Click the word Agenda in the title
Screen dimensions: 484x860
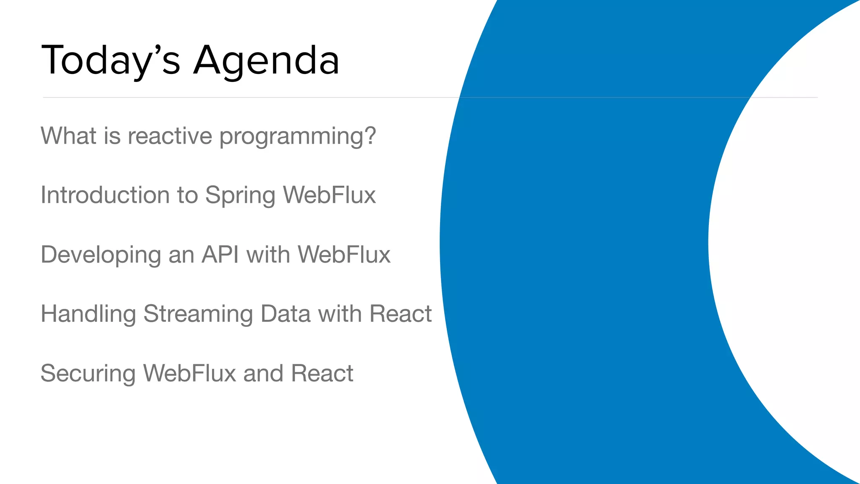pyautogui.click(x=266, y=61)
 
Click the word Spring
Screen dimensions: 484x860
pyautogui.click(x=240, y=197)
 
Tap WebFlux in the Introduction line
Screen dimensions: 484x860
pyautogui.click(x=329, y=195)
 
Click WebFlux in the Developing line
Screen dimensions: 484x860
pyautogui.click(x=344, y=255)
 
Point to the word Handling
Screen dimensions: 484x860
pyautogui.click(x=88, y=314)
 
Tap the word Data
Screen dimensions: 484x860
pyautogui.click(x=285, y=314)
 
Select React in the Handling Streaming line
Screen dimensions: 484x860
pyautogui.click(x=400, y=314)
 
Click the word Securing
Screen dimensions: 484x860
pyautogui.click(x=88, y=374)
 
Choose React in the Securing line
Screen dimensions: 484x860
pyautogui.click(x=322, y=374)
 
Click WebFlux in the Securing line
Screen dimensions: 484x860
pyautogui.click(x=189, y=374)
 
